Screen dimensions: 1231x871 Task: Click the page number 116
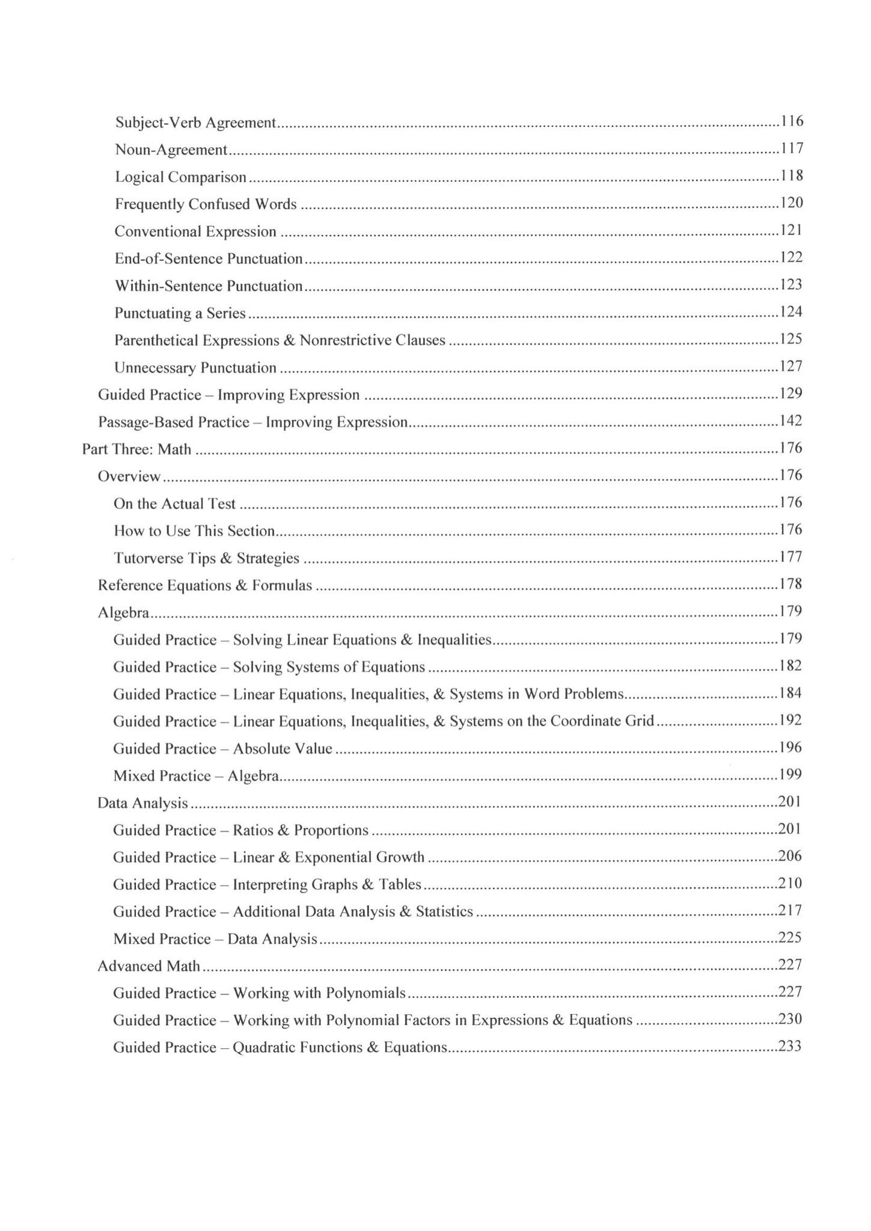(792, 121)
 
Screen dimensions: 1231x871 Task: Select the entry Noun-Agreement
(171, 150)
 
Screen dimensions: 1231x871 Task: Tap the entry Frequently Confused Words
(206, 204)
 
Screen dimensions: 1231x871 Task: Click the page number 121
(792, 230)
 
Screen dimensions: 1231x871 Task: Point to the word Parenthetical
(156, 340)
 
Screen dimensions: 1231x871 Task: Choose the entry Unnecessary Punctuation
(195, 368)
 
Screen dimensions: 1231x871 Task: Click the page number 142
(791, 421)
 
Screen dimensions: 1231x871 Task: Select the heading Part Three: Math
(136, 450)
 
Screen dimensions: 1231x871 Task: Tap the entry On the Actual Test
(174, 504)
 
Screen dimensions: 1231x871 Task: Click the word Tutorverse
(148, 558)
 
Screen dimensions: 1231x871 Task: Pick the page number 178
(791, 584)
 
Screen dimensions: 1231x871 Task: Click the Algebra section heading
(123, 612)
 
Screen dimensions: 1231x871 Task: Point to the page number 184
(791, 693)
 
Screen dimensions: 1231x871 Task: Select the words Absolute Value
(283, 748)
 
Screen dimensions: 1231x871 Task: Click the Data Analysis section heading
(142, 803)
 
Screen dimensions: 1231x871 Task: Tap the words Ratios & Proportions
(301, 830)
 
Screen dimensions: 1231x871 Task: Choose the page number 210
(790, 883)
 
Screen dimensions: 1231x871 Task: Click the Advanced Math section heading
(148, 966)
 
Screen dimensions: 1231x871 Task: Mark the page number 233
(790, 1046)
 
